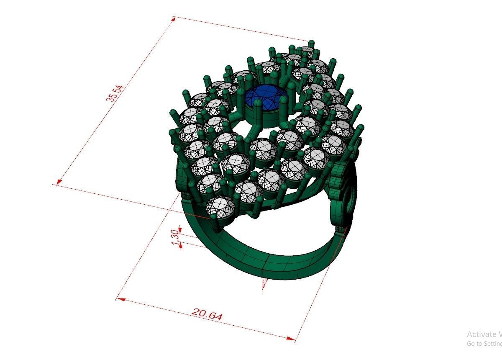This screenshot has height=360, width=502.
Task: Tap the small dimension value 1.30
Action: (175, 237)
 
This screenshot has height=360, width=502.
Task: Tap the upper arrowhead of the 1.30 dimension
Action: (180, 229)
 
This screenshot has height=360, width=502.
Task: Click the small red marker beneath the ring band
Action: (264, 285)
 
